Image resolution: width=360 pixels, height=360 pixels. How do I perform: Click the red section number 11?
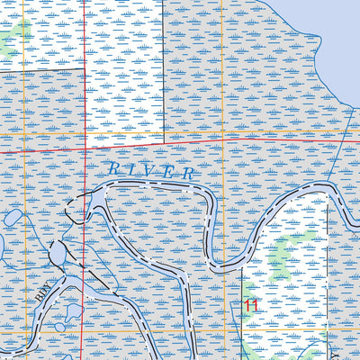[250, 306]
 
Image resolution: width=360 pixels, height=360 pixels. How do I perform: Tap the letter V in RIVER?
[149, 168]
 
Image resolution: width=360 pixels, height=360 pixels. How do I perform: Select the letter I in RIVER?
[131, 167]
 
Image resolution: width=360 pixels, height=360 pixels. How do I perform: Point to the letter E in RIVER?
[168, 169]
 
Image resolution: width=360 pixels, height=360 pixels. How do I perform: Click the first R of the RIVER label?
[112, 166]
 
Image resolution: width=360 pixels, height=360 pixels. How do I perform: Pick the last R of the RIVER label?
[187, 171]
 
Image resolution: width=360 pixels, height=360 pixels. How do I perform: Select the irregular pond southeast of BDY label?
[73, 314]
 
